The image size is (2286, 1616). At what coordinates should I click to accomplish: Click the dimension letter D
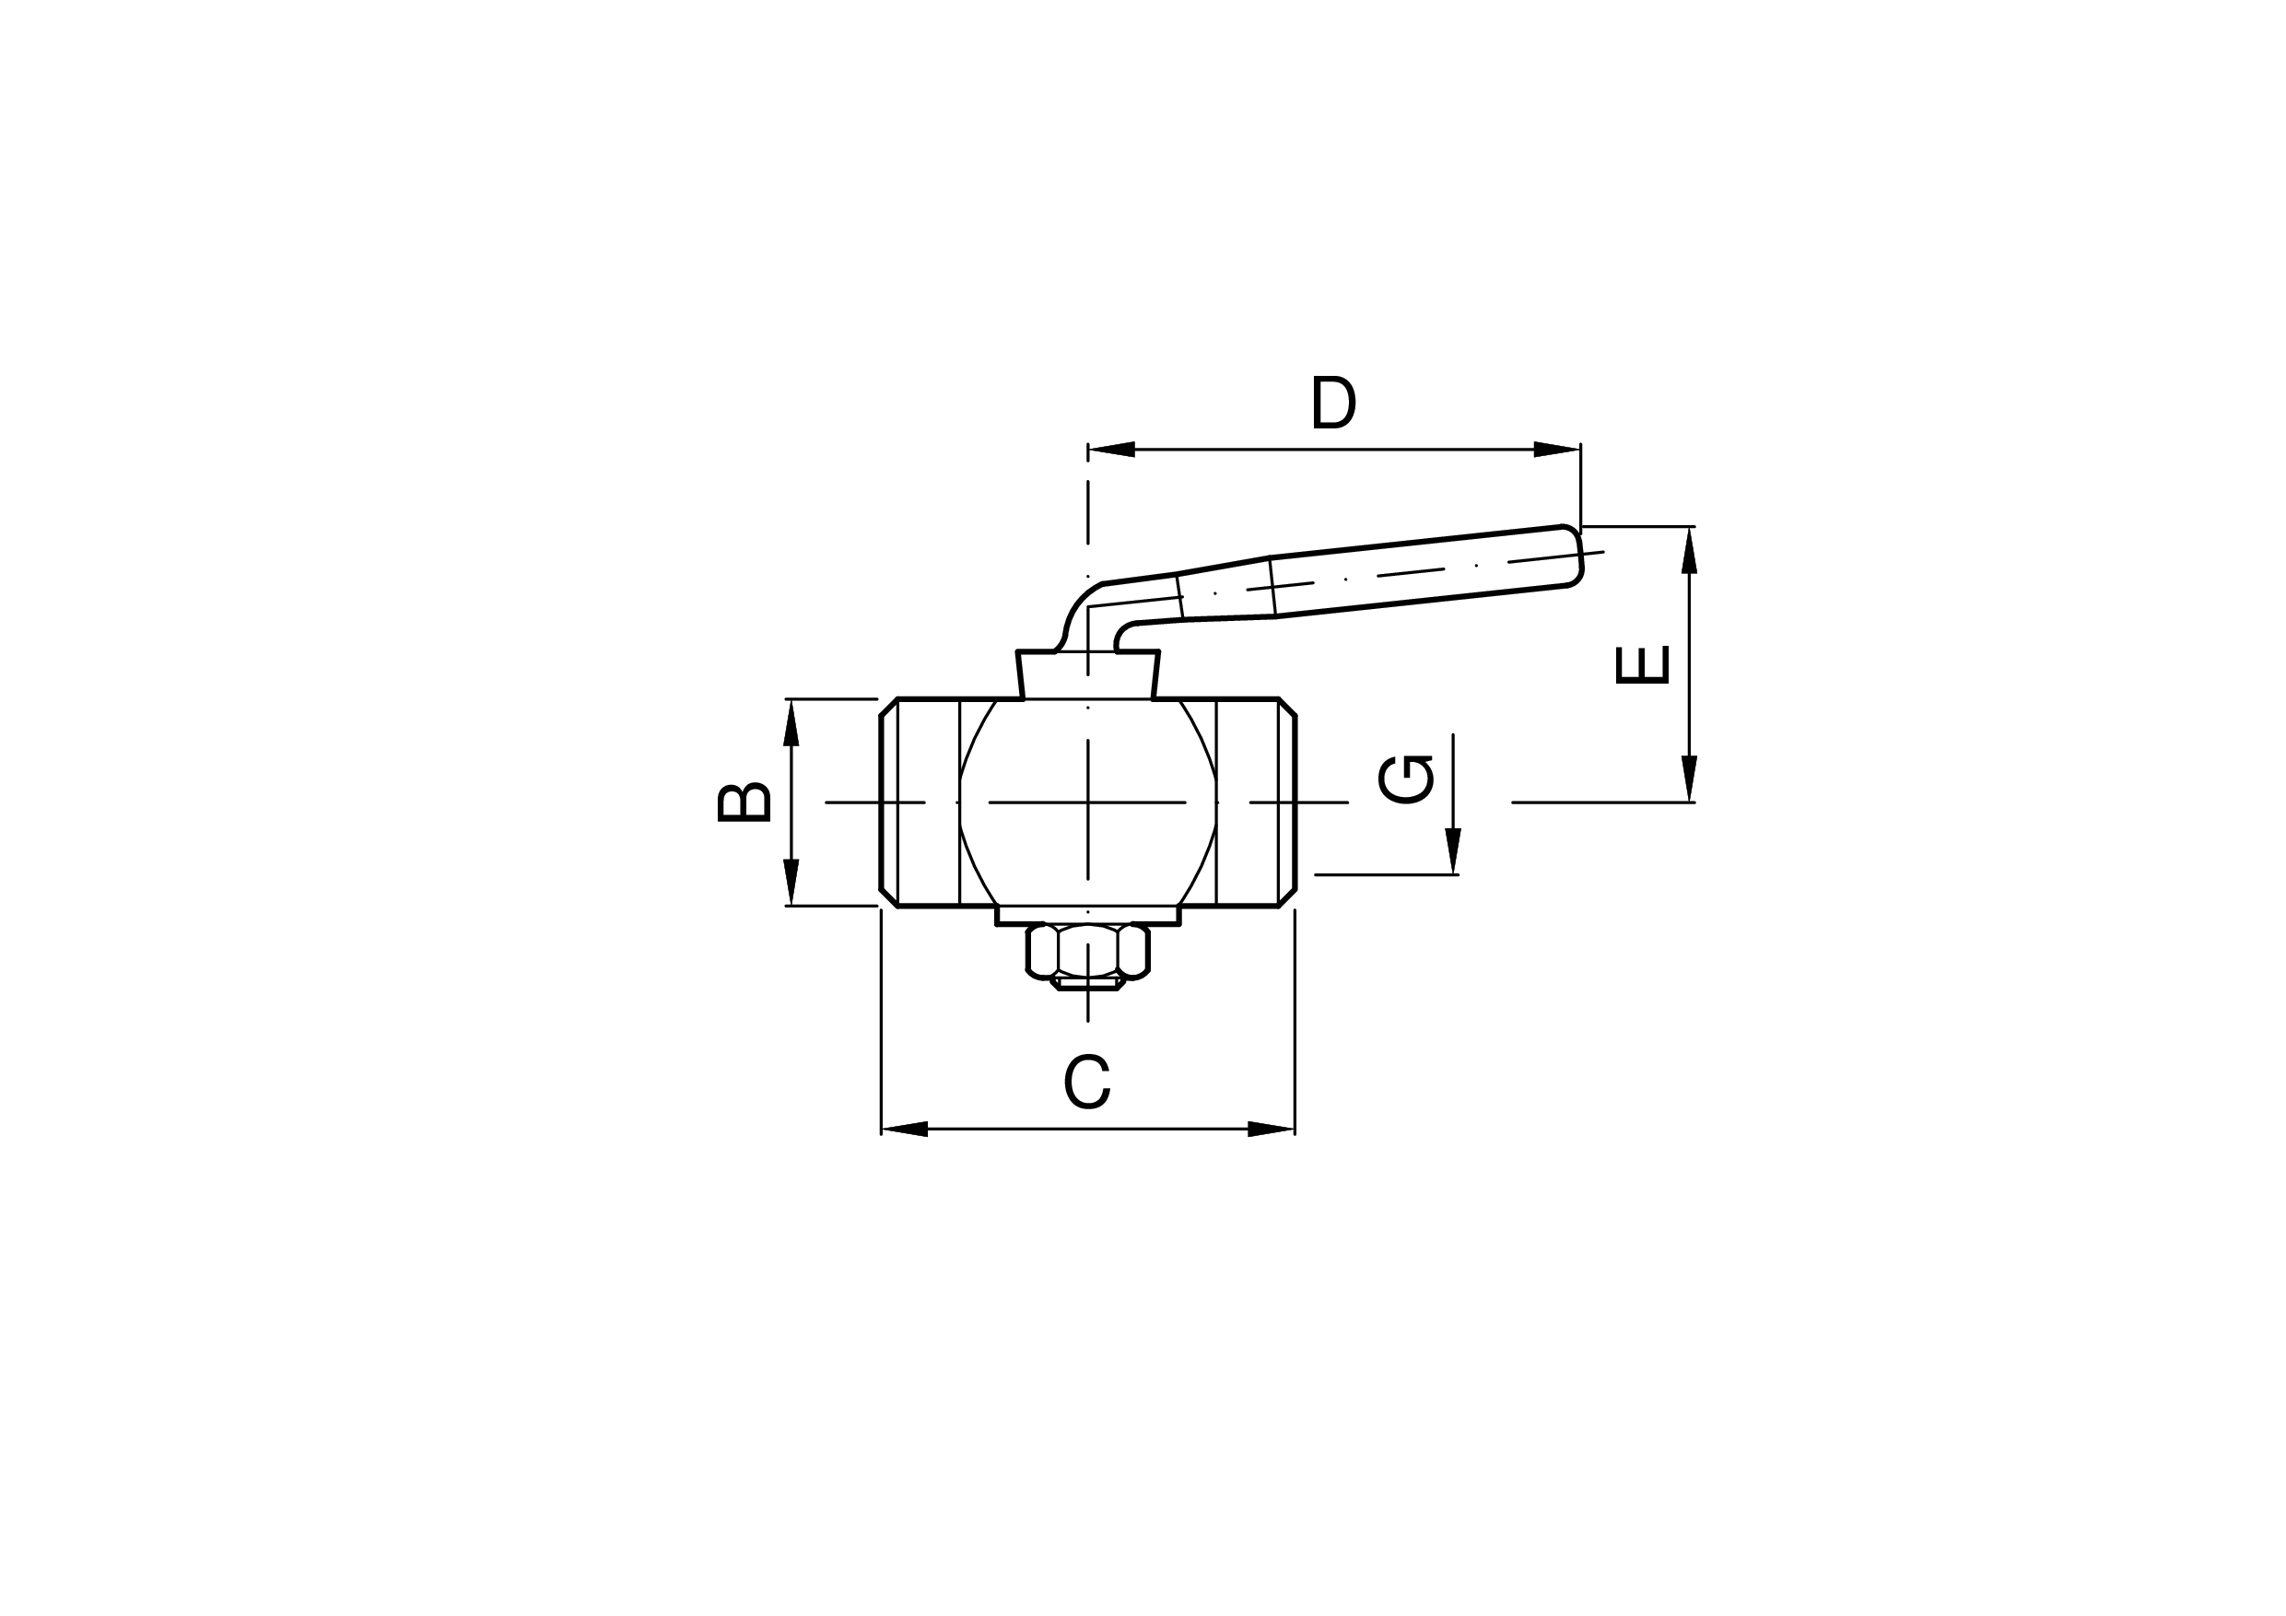[1334, 402]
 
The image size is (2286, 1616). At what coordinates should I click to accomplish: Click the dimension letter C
[1086, 1081]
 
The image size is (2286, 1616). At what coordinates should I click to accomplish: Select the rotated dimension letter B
[744, 802]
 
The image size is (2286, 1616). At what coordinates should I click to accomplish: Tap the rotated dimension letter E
[1642, 665]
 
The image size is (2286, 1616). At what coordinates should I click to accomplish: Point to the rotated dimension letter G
[1406, 779]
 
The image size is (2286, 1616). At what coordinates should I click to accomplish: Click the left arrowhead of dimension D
[1111, 449]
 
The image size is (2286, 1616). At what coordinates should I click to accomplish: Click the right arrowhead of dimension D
[1557, 449]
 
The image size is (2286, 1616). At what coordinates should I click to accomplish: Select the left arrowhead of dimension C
[904, 1130]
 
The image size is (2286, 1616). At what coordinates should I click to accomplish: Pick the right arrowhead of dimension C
[1272, 1130]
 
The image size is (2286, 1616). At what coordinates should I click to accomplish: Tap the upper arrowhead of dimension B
[791, 722]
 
